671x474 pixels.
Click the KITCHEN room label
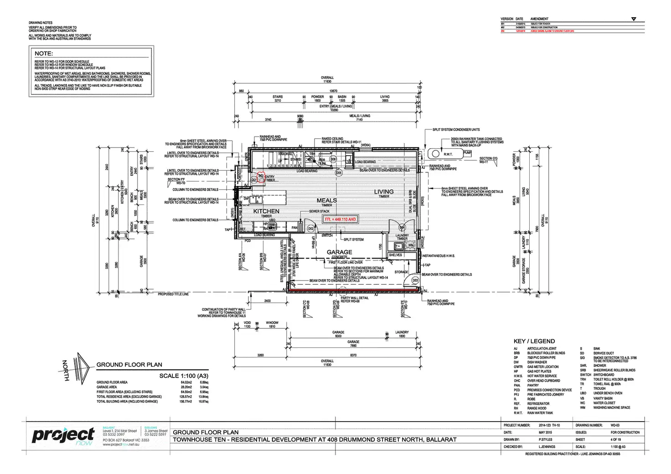(x=266, y=211)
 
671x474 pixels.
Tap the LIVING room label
(x=384, y=192)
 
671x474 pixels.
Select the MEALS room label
(x=327, y=200)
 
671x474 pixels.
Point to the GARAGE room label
(x=339, y=252)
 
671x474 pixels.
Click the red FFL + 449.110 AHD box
(x=340, y=219)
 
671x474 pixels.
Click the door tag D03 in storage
(x=415, y=280)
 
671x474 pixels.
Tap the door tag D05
(x=339, y=173)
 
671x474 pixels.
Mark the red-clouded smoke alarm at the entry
(x=261, y=177)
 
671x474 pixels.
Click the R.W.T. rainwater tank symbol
(x=448, y=154)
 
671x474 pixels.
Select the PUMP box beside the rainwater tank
(x=467, y=153)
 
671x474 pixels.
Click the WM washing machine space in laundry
(x=411, y=245)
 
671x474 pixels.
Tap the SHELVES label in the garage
(x=395, y=255)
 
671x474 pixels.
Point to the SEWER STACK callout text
(x=319, y=211)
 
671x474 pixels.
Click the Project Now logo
(x=63, y=436)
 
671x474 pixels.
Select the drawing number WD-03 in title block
(x=615, y=425)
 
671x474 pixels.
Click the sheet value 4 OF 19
(x=616, y=439)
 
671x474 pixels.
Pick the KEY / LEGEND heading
(x=534, y=341)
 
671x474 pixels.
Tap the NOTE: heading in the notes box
(x=44, y=54)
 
